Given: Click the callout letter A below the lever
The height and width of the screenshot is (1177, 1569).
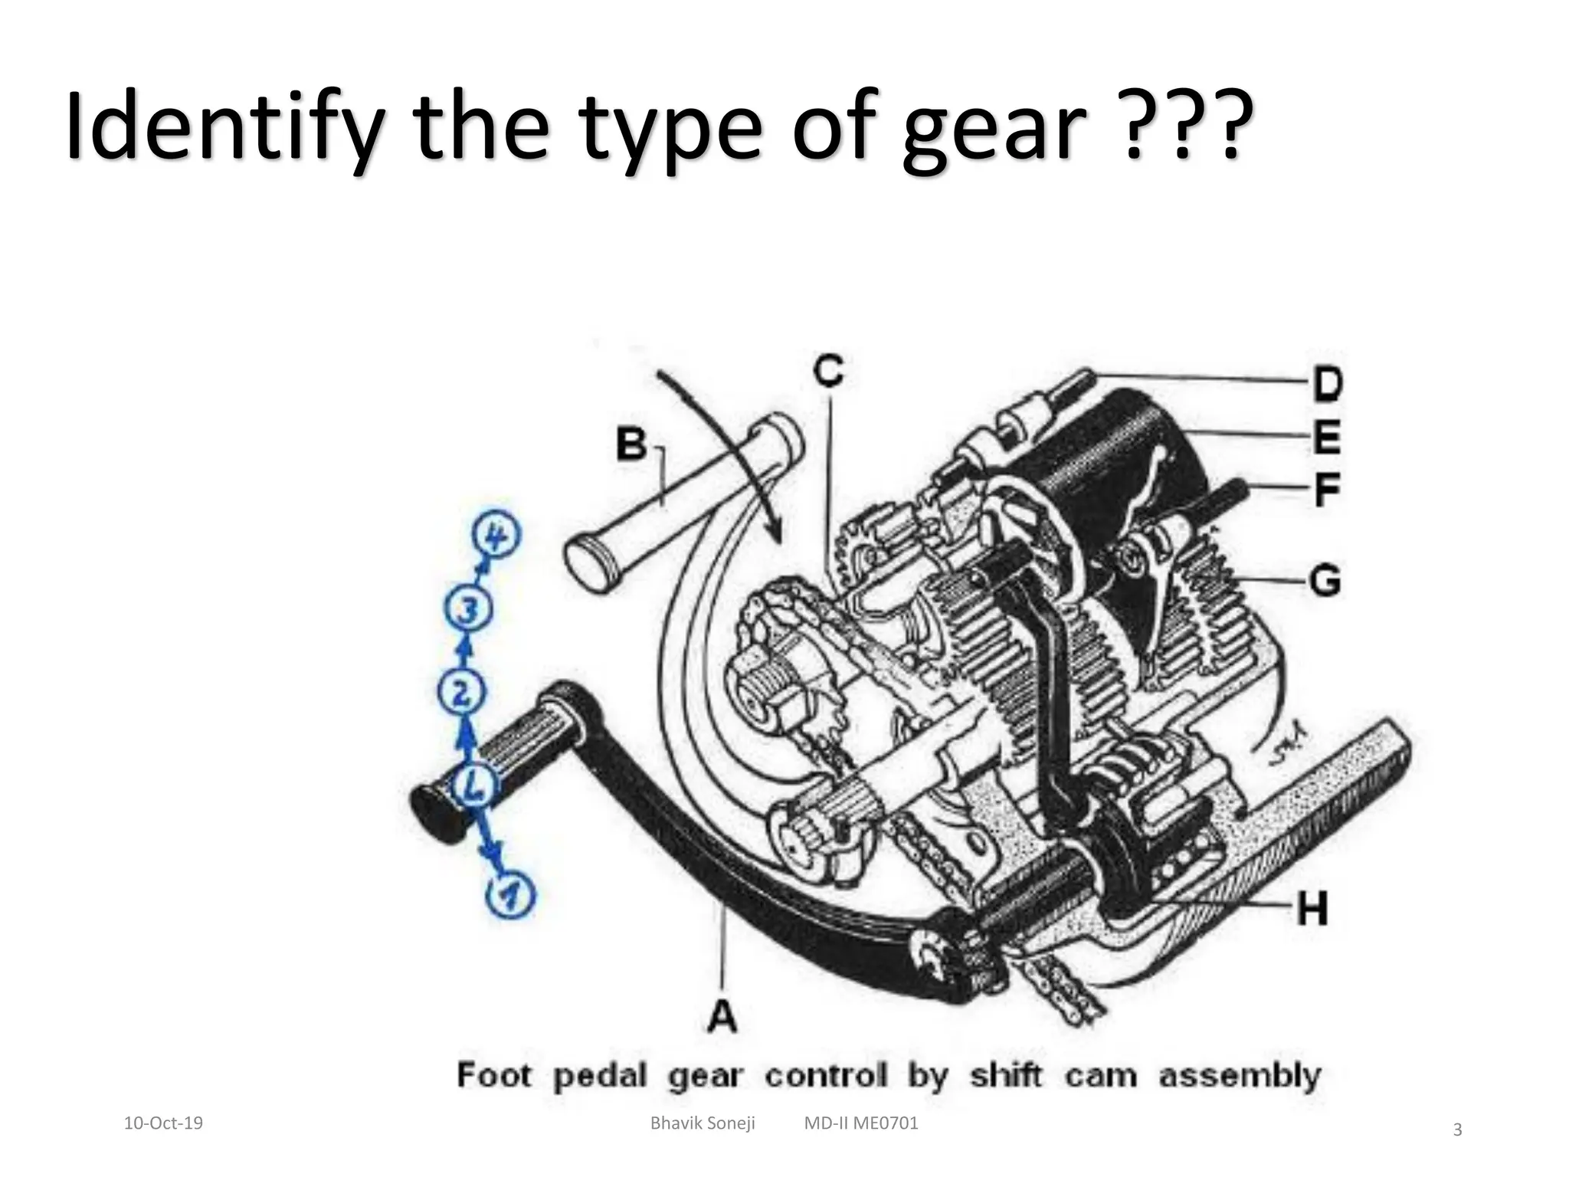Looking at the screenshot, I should (722, 1017).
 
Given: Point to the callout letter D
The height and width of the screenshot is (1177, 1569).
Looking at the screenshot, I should (1328, 384).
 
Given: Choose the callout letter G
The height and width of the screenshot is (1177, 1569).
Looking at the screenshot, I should (1325, 579).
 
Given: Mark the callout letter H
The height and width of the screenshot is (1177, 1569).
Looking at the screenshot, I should (1312, 910).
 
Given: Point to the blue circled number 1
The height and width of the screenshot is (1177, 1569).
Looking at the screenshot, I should (511, 894).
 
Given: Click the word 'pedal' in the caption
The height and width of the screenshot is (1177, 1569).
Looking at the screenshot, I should (600, 1076).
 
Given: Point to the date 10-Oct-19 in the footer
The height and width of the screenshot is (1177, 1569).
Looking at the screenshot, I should (163, 1123).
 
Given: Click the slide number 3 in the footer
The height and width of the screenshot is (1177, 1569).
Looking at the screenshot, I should (1457, 1129).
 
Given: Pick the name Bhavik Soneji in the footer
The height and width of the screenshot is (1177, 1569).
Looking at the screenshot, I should (702, 1123).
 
